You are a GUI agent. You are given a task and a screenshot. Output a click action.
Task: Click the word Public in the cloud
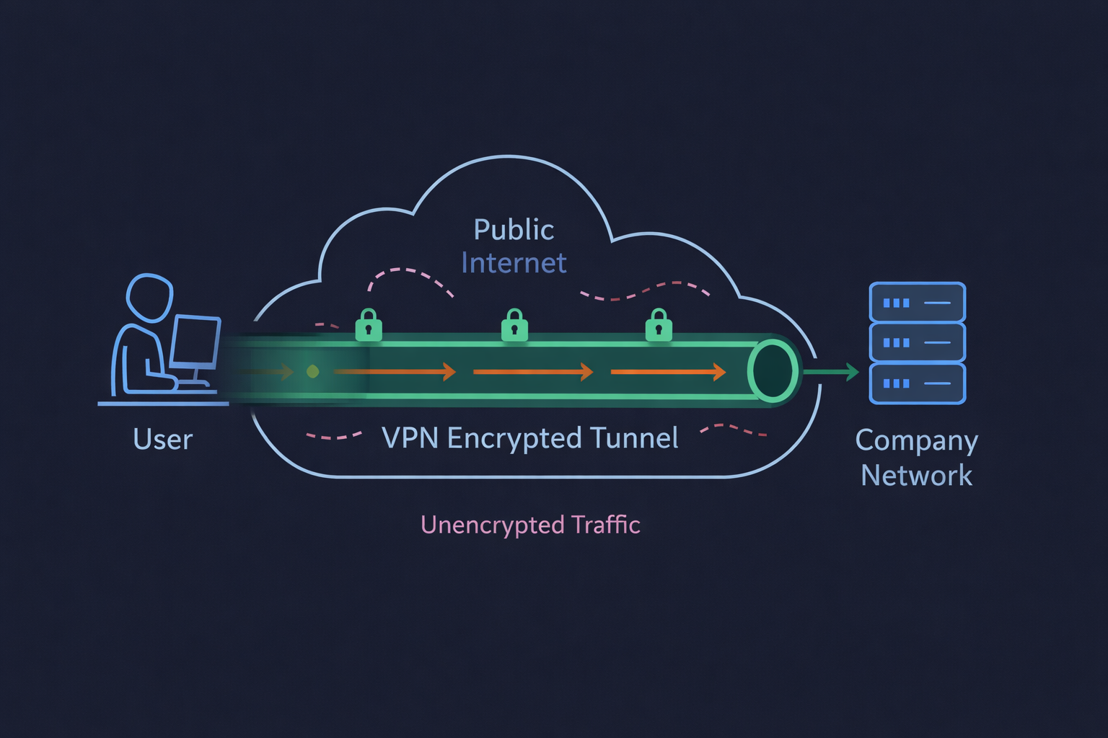(x=514, y=231)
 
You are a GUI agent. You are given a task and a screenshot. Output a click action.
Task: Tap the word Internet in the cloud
(x=514, y=264)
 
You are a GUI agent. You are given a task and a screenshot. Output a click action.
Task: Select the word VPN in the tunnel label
(x=410, y=438)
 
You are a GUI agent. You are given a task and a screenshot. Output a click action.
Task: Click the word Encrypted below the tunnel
(x=514, y=439)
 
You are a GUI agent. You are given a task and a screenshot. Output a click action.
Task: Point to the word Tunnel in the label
(x=633, y=438)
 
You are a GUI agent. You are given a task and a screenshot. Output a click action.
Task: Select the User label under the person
(x=163, y=440)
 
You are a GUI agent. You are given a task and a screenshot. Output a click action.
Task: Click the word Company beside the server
(x=916, y=441)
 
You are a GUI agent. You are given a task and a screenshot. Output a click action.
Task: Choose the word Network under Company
(x=916, y=476)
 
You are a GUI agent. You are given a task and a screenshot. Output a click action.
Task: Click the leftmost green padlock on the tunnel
(x=369, y=326)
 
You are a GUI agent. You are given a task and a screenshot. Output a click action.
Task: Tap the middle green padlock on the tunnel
(x=514, y=326)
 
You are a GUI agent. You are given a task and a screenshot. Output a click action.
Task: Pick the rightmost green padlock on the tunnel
(x=659, y=326)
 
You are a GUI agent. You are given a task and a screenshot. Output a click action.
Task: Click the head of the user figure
(x=150, y=297)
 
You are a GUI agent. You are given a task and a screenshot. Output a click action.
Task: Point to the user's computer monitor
(x=195, y=342)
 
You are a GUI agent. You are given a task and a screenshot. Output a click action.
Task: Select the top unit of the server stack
(x=917, y=303)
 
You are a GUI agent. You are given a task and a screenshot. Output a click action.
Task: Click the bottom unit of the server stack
(x=917, y=383)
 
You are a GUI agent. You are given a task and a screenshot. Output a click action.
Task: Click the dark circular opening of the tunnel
(x=773, y=371)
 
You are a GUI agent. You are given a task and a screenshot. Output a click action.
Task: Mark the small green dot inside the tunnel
(x=312, y=372)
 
